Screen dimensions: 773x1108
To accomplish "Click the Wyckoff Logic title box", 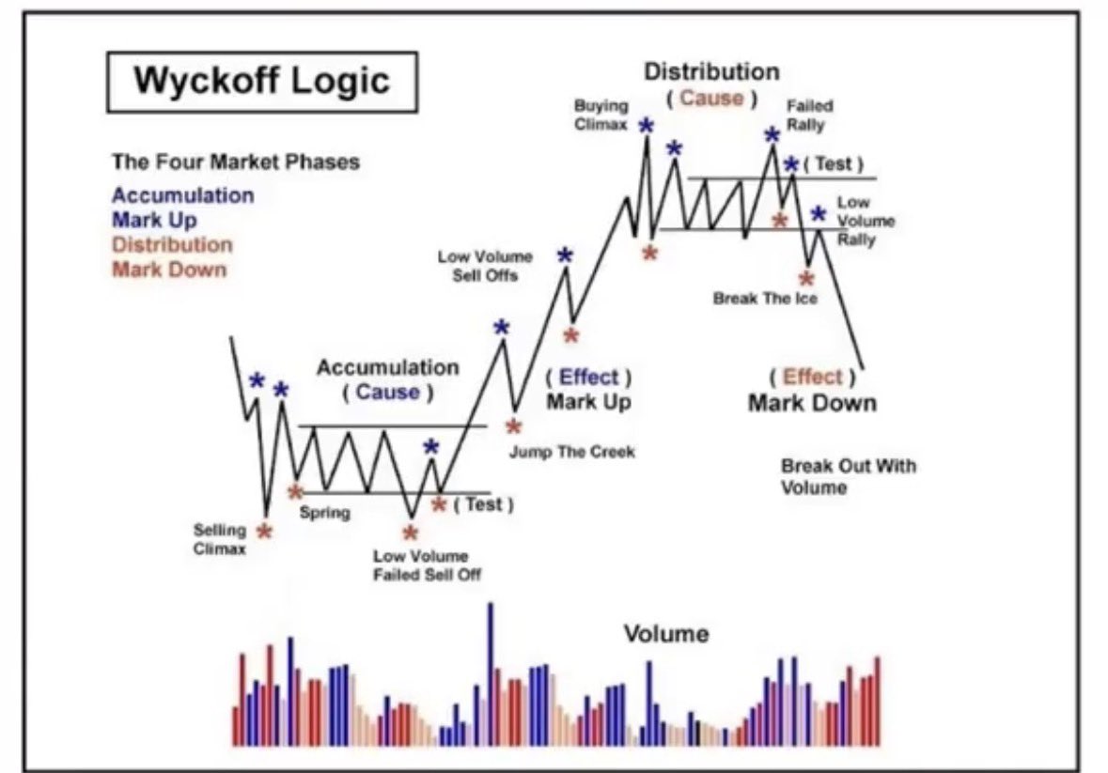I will pos(261,80).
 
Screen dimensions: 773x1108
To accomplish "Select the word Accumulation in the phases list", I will pos(182,195).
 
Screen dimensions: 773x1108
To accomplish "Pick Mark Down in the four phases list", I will pos(169,270).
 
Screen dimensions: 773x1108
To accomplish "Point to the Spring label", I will pos(324,514).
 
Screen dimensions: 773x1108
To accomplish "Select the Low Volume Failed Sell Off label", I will pos(420,564).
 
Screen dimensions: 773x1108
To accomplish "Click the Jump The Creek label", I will pos(572,452).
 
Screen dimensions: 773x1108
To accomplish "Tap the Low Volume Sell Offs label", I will pos(485,266).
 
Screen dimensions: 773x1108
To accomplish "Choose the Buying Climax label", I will pos(601,115).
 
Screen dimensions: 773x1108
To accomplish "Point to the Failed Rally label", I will pos(809,115).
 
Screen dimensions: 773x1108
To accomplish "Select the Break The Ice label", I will pos(765,299).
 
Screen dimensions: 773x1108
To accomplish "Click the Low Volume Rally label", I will pos(856,222).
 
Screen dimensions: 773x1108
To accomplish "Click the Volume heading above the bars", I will pos(666,634).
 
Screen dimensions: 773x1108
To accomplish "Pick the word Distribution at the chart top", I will pos(711,71).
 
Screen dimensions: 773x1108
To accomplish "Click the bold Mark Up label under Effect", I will pos(589,402).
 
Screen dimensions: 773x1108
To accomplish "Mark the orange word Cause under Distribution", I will pos(710,98).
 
